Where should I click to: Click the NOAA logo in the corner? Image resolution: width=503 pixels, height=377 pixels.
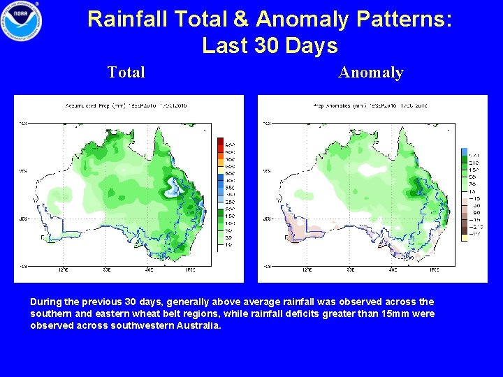pyautogui.click(x=22, y=21)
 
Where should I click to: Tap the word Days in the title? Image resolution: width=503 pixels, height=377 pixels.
pyautogui.click(x=312, y=46)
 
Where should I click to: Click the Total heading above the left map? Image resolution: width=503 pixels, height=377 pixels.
pyautogui.click(x=126, y=72)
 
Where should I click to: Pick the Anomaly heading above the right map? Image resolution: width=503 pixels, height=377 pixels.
pyautogui.click(x=371, y=72)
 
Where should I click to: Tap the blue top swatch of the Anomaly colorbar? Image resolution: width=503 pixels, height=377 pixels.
pyautogui.click(x=464, y=151)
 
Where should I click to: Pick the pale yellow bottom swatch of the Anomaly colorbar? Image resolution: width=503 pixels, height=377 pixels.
pyautogui.click(x=464, y=237)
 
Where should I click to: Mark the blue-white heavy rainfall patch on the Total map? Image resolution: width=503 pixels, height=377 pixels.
pyautogui.click(x=171, y=185)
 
